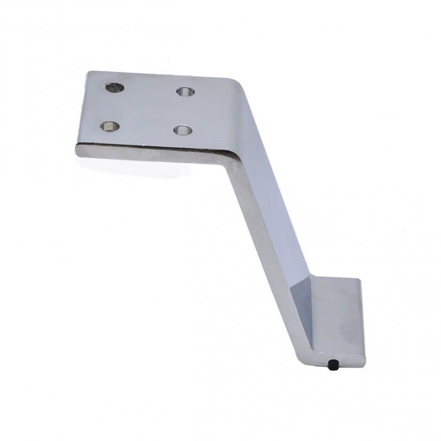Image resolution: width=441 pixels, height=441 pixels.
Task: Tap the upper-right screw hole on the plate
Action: click(185, 92)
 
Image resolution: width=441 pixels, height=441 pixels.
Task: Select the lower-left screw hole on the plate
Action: click(110, 126)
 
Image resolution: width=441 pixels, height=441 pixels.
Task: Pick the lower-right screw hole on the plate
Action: click(183, 130)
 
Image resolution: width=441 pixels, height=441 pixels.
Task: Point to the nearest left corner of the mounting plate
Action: click(77, 149)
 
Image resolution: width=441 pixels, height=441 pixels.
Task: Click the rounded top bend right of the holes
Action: click(242, 88)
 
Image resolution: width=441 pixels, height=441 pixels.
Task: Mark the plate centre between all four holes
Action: click(148, 109)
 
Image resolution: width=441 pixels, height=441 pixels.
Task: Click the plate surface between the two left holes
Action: click(112, 107)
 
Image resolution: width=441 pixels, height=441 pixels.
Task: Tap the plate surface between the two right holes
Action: click(184, 111)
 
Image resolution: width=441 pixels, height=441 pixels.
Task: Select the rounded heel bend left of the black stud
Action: click(320, 358)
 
